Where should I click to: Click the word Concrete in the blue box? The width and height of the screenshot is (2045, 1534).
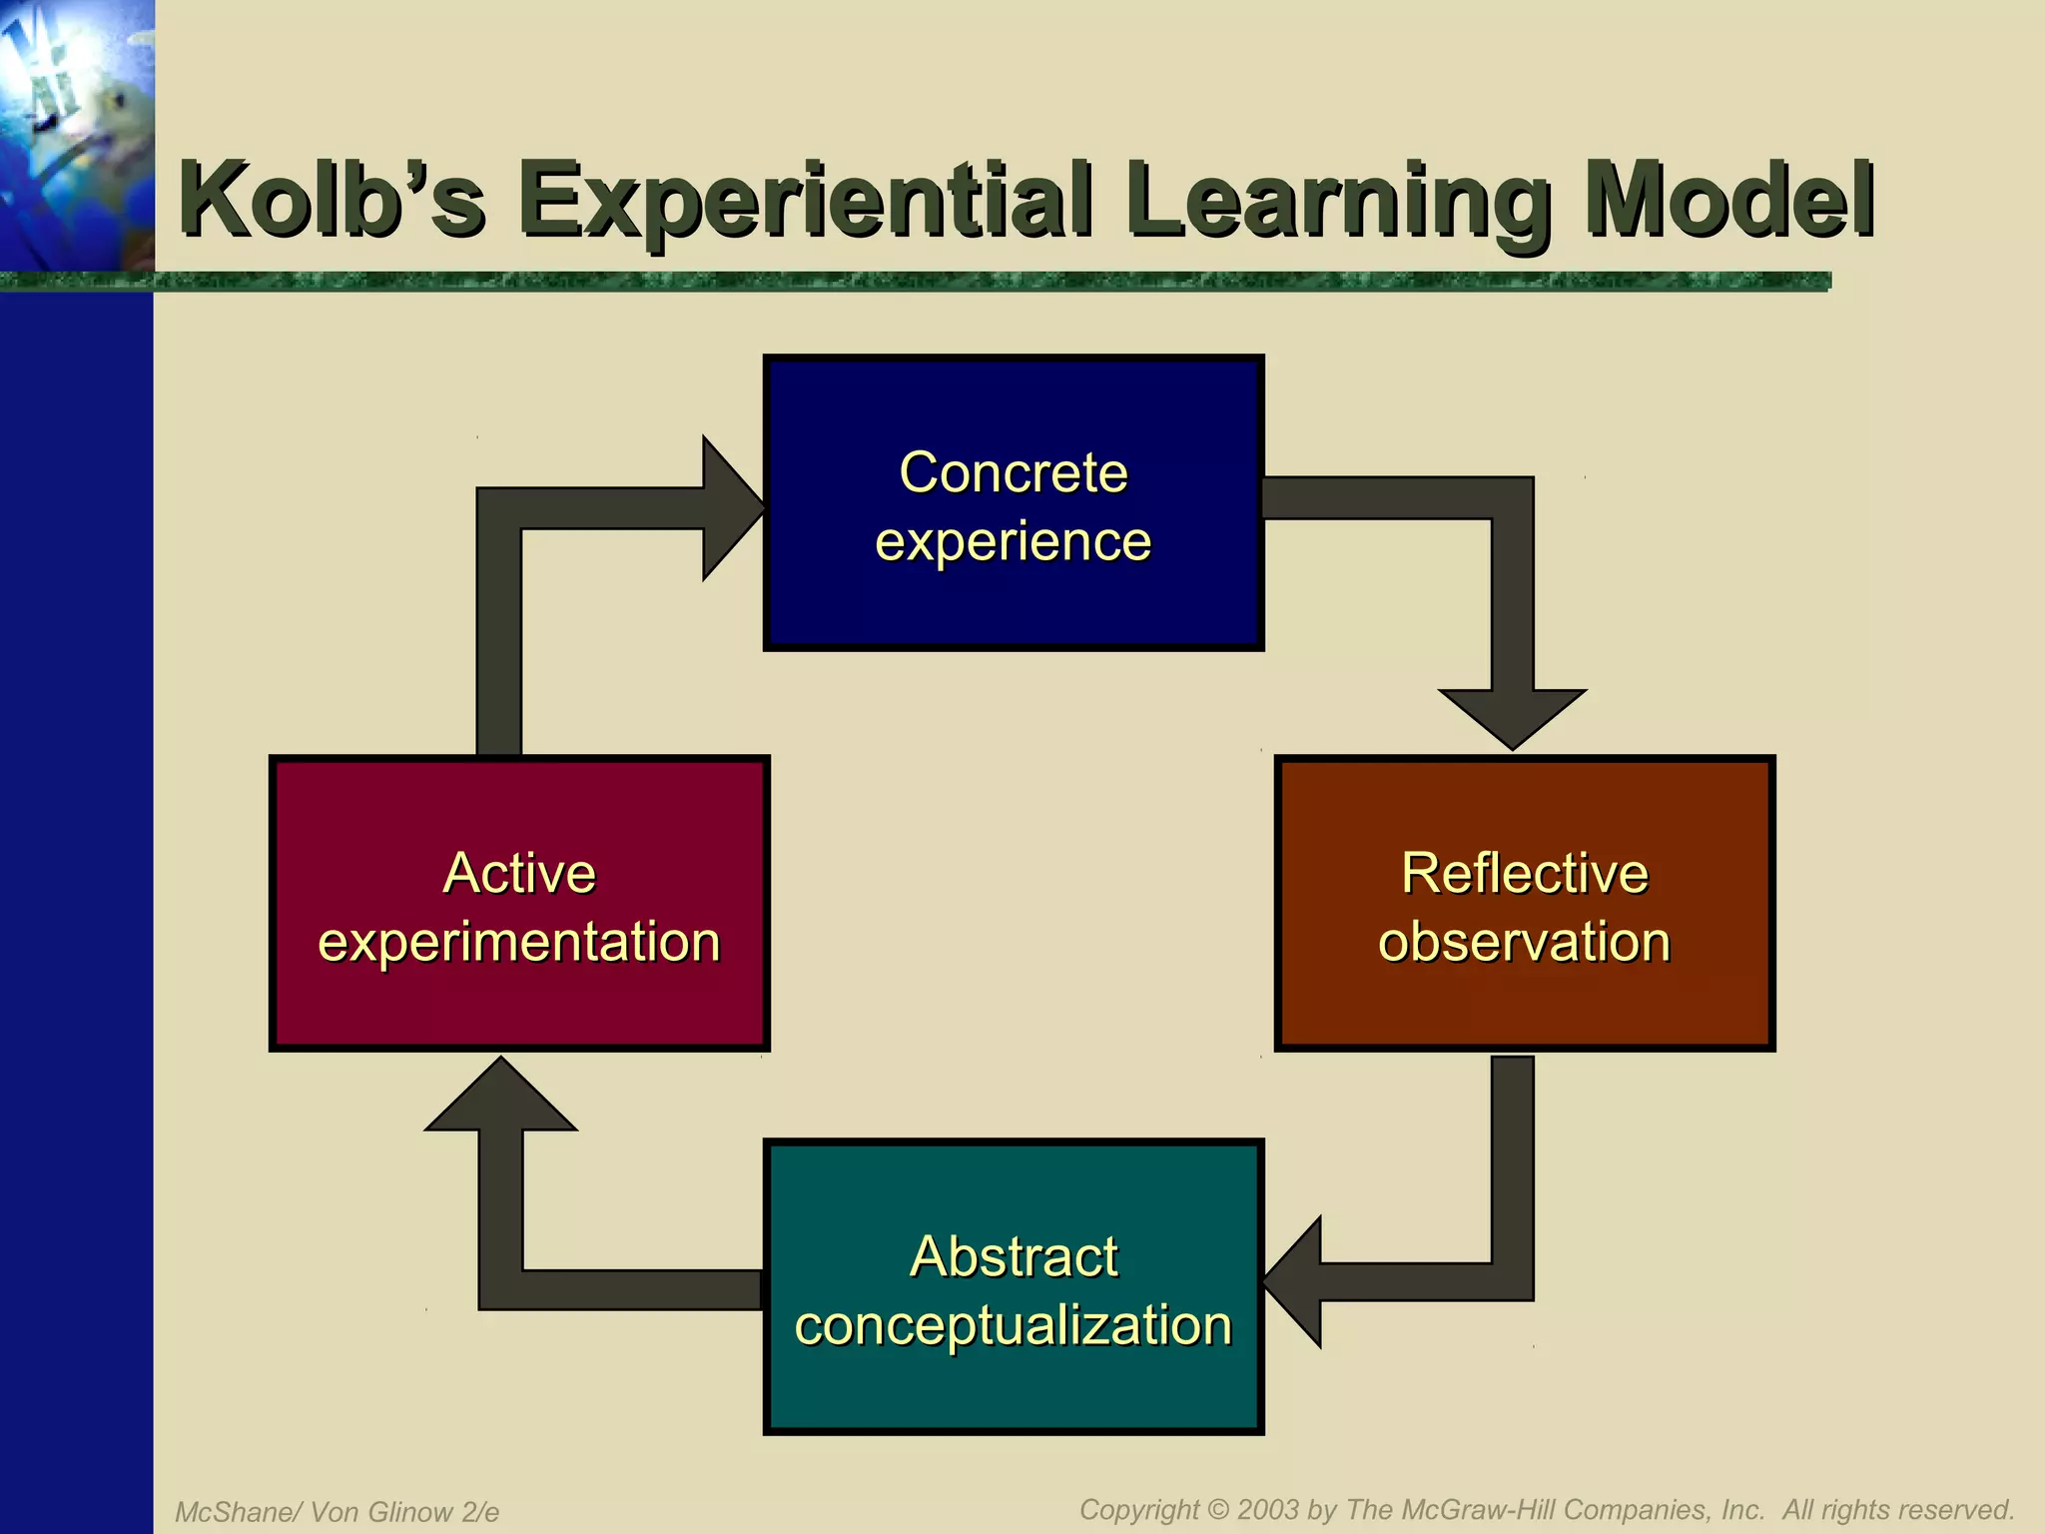(x=1013, y=472)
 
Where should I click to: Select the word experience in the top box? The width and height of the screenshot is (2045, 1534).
(x=1013, y=541)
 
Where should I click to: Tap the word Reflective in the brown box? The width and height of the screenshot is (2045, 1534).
(x=1524, y=873)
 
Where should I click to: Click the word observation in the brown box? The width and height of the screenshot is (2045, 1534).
(x=1524, y=942)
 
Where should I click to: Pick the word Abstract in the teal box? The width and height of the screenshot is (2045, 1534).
(x=1013, y=1256)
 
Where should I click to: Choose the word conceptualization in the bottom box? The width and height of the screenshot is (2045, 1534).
(x=1013, y=1325)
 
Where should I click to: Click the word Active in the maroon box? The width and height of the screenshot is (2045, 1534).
(x=518, y=873)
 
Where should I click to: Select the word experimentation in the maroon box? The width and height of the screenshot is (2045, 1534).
(x=518, y=942)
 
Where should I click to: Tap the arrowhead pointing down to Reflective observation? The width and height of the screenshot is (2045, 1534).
(x=1512, y=716)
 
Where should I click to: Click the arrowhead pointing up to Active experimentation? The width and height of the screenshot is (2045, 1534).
(x=500, y=1096)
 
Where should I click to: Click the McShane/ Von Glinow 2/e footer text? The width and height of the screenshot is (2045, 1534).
(x=337, y=1512)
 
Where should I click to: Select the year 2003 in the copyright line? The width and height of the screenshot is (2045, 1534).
(x=1268, y=1509)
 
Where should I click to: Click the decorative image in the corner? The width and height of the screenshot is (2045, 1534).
(x=76, y=135)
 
